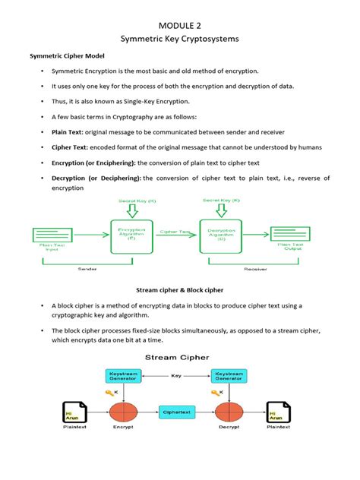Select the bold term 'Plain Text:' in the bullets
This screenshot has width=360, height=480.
68,131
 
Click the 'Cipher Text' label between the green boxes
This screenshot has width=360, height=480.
175,230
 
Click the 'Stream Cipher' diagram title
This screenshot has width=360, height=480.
180,356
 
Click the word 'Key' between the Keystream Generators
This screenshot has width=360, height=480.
175,374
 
